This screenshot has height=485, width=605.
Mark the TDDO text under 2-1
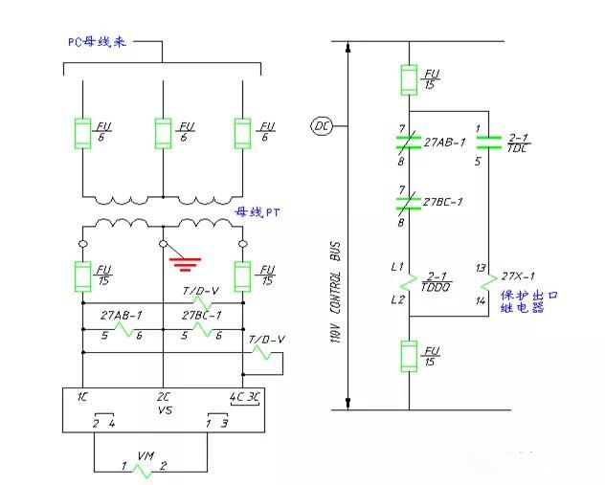tap(441, 287)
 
